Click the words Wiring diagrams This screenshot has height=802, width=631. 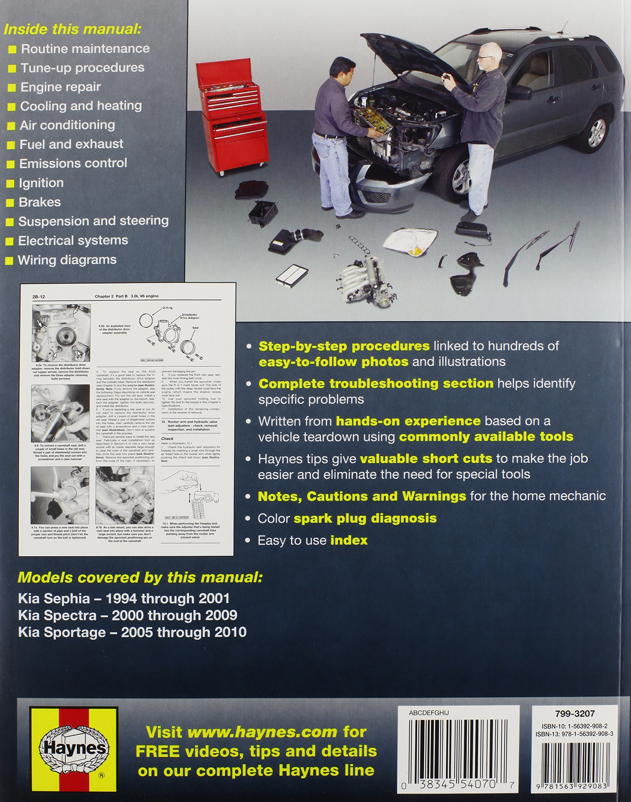point(67,260)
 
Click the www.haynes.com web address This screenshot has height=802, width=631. point(262,732)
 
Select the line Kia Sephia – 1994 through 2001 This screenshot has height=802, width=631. point(124,598)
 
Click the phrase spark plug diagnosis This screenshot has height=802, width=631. point(365,518)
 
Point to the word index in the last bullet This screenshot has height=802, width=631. point(349,540)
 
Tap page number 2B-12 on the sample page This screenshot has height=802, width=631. point(38,297)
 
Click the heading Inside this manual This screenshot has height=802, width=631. point(72,29)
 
